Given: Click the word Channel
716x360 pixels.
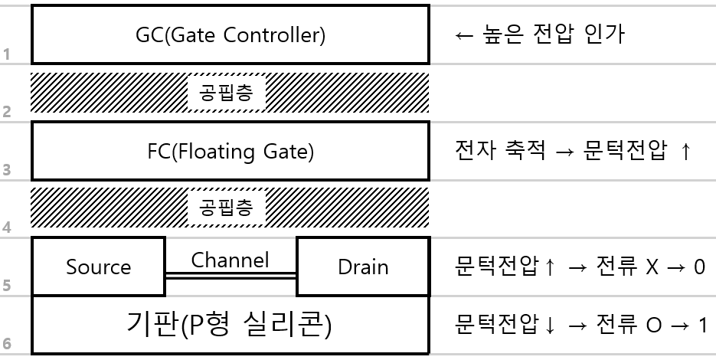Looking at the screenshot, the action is point(230,260).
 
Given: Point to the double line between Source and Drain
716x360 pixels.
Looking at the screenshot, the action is point(231,276).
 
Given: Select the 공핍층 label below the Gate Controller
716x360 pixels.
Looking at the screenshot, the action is point(226,93).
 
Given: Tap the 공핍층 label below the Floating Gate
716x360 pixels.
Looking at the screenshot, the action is point(226,208).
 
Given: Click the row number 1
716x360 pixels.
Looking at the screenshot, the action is point(6,54).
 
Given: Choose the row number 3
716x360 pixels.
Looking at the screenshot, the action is point(6,170).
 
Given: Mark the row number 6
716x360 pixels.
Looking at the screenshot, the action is point(6,344).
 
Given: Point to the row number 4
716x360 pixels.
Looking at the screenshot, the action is point(6,227).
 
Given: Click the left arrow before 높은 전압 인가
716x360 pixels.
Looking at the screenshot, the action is point(464,35).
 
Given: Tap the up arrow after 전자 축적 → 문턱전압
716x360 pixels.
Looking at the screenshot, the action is point(685,150).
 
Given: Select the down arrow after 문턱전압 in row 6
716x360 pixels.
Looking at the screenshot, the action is point(550,325).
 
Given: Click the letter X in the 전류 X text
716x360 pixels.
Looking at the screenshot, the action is point(652,267).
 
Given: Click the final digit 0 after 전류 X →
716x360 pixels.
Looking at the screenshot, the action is point(699,267).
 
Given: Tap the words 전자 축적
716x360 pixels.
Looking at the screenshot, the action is point(500,150).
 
